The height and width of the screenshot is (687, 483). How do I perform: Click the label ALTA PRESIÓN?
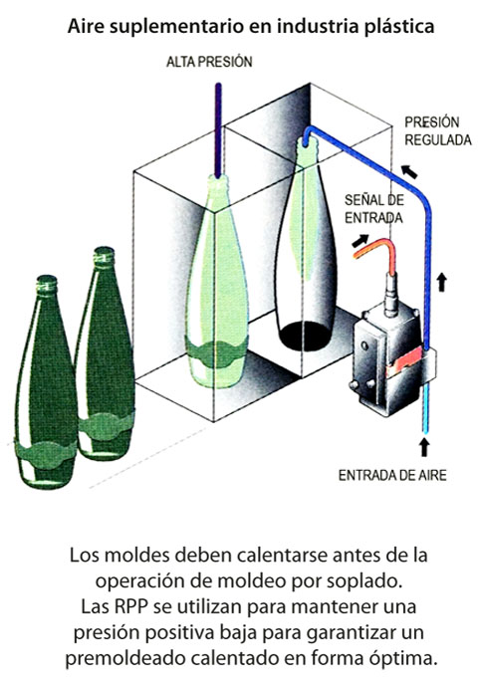pyautogui.click(x=209, y=62)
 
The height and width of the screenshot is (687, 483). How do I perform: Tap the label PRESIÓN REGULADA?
pyautogui.click(x=437, y=130)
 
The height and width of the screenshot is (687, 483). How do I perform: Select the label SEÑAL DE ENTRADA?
pyautogui.click(x=373, y=208)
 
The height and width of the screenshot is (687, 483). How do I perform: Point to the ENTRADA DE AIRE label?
pyautogui.click(x=392, y=475)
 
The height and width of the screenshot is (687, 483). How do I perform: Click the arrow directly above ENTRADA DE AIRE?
pyautogui.click(x=424, y=447)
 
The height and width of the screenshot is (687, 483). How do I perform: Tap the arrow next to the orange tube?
pyautogui.click(x=361, y=240)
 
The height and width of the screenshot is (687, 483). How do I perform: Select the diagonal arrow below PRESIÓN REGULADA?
pyautogui.click(x=409, y=171)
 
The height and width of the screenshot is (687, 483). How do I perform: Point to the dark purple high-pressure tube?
pyautogui.click(x=218, y=129)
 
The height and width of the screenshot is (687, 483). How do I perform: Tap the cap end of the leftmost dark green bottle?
pyautogui.click(x=47, y=284)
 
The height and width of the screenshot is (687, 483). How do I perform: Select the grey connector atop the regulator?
pyautogui.click(x=390, y=294)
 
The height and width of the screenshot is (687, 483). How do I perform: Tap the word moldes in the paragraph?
pyautogui.click(x=137, y=556)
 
